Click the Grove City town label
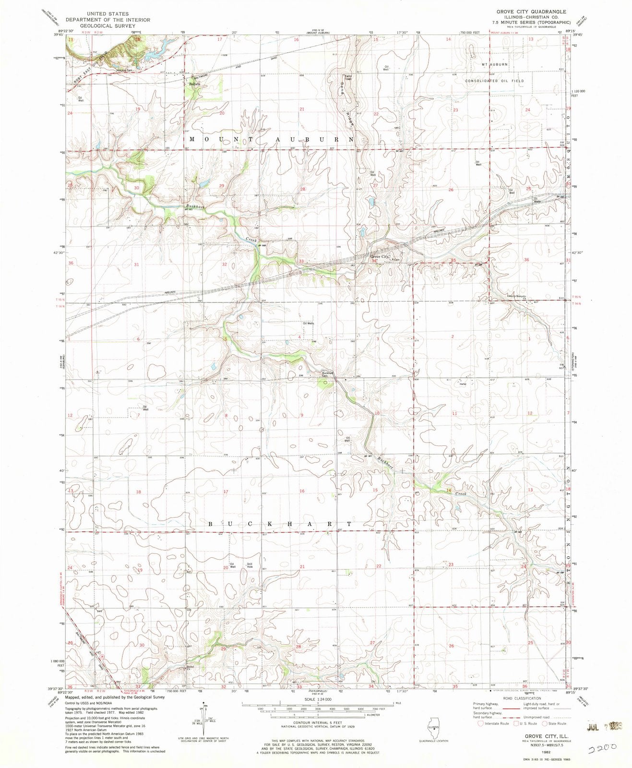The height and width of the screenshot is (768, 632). click(381, 257)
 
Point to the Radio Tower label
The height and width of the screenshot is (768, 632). click(346, 78)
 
